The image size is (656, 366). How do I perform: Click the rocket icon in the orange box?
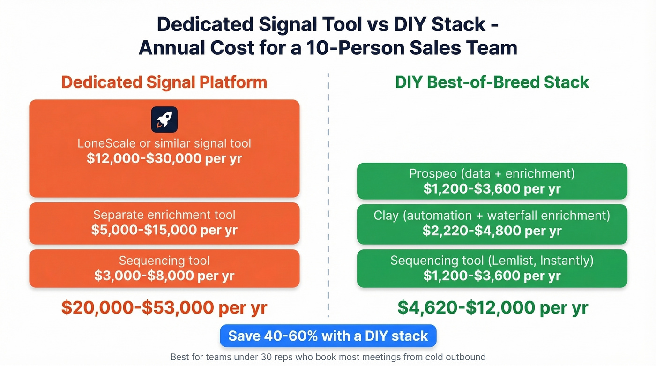point(164,120)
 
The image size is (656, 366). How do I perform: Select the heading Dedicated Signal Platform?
point(164,82)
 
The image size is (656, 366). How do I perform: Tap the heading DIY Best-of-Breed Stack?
point(492,82)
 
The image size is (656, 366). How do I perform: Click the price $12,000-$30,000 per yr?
point(164,158)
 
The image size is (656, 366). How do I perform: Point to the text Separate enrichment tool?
point(164,215)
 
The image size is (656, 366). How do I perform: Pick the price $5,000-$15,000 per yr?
point(164,230)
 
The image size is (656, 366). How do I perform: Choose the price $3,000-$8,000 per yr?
point(164,276)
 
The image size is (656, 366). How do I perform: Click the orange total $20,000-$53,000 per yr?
point(164,307)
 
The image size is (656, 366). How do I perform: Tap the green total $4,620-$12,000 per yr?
point(492,307)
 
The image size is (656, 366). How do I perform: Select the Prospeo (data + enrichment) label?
point(492,174)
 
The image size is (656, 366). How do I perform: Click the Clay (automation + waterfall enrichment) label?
point(492,215)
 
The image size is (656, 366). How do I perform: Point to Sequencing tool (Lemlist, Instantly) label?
point(492,261)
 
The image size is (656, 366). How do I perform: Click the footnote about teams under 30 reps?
point(328,357)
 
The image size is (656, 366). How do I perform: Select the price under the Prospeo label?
point(492,189)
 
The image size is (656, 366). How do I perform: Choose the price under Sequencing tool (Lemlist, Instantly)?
point(492,276)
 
